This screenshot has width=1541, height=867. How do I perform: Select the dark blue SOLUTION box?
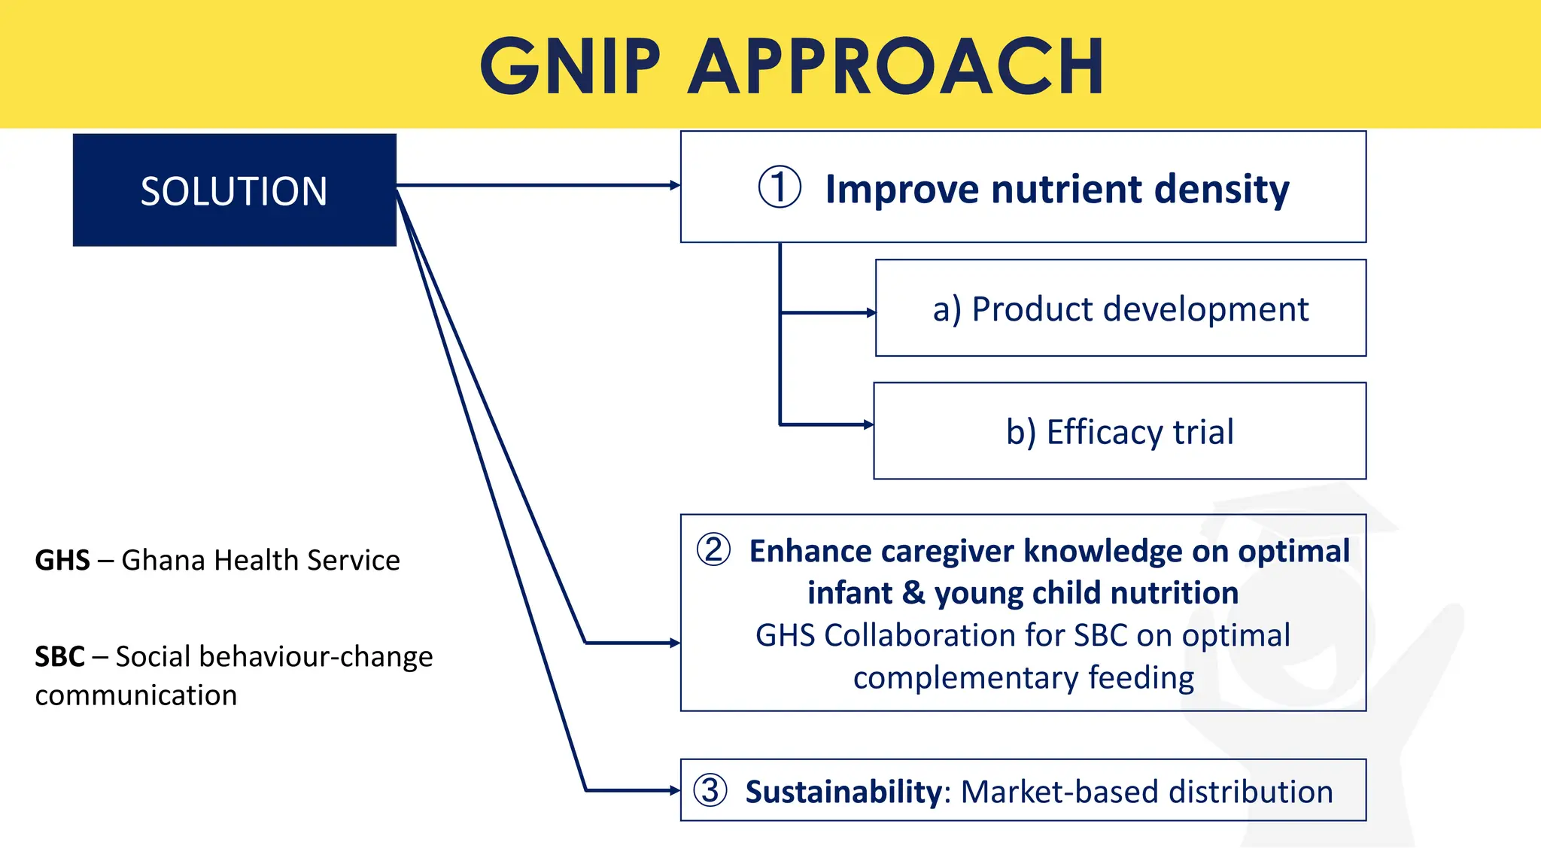click(234, 190)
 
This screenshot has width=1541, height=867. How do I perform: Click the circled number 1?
click(779, 187)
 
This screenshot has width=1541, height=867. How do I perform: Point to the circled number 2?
click(713, 549)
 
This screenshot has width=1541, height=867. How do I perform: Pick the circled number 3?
click(710, 790)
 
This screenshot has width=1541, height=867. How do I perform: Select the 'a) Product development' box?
click(1120, 309)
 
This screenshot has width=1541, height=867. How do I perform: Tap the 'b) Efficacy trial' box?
click(1120, 431)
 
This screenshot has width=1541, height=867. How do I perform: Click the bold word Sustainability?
click(843, 792)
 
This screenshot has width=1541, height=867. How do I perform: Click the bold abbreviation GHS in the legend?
click(62, 560)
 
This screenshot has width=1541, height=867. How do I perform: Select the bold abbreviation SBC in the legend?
click(59, 656)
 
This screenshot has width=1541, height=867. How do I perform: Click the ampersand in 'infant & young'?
click(913, 592)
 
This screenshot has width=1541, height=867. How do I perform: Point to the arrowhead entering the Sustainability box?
click(675, 790)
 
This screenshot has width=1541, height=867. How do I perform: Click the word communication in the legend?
click(135, 695)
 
